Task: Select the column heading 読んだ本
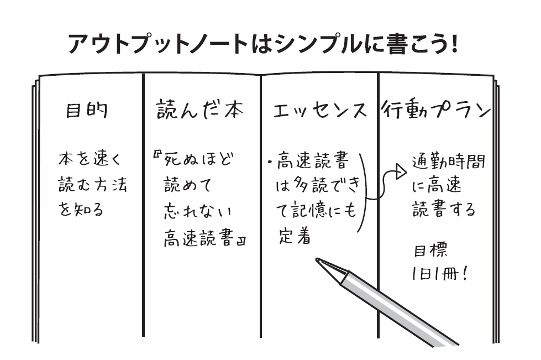199,110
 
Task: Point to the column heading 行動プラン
436,110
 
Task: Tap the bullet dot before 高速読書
269,163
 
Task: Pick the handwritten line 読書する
444,211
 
